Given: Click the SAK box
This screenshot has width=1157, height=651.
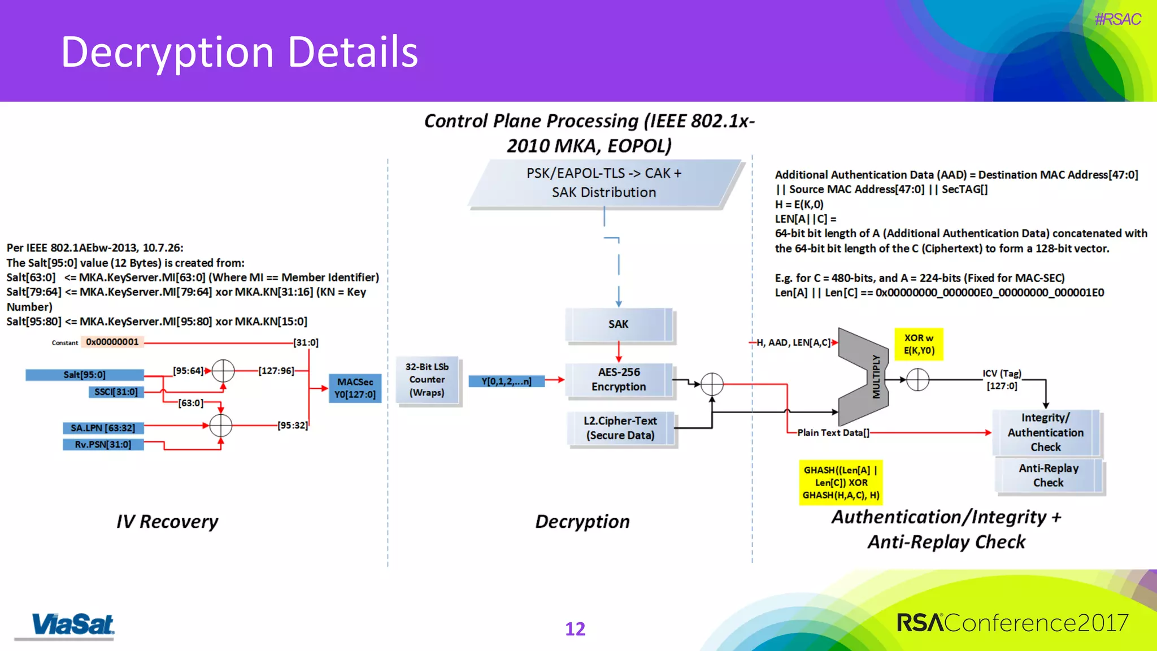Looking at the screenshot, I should [x=619, y=324].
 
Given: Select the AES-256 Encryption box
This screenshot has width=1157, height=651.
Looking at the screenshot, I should [x=619, y=380].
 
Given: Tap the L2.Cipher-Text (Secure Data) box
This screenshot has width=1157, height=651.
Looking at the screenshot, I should [x=620, y=428].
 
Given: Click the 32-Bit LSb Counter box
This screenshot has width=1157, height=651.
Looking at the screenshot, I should [x=427, y=380].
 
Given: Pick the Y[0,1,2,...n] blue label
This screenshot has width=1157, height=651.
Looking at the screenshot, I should [x=507, y=381].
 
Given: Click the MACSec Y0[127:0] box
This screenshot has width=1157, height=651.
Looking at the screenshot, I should [x=355, y=388].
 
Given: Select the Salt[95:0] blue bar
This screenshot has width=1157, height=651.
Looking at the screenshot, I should [x=85, y=375].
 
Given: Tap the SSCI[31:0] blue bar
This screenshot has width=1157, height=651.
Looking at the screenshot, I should [x=116, y=392].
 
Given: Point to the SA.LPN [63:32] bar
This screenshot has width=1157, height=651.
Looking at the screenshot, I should [x=103, y=428].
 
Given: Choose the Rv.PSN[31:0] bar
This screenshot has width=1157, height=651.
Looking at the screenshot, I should [x=103, y=445].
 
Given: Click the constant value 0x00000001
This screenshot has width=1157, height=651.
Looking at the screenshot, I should [x=112, y=342].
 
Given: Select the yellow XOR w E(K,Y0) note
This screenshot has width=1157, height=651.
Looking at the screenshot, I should [x=919, y=344].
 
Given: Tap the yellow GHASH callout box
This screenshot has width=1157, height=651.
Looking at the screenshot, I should [x=841, y=483].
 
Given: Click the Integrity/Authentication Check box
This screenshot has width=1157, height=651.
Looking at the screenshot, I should [x=1046, y=433].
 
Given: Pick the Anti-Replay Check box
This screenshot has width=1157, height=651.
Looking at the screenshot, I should [x=1049, y=476].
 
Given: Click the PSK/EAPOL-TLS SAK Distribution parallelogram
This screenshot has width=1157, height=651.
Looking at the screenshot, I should [x=604, y=183].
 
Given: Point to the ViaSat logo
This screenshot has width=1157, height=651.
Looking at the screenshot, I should [x=72, y=625].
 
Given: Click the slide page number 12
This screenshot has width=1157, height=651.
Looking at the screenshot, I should [x=575, y=629].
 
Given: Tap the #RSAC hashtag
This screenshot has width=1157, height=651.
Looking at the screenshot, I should [x=1117, y=20].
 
